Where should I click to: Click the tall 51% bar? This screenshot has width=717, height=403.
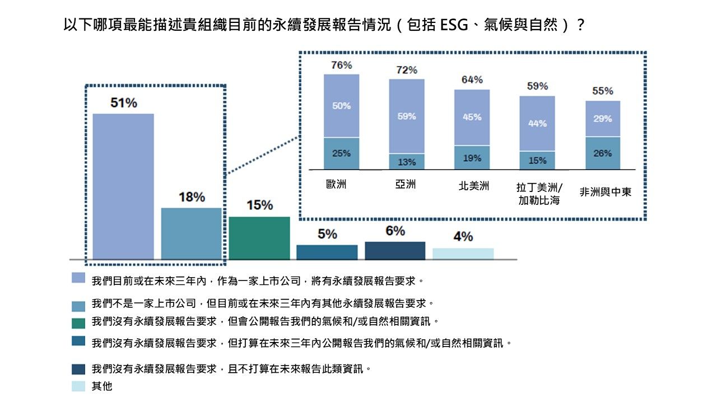tap(123, 186)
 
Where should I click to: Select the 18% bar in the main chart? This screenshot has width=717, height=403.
tap(192, 233)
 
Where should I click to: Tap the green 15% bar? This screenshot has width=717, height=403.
tap(259, 238)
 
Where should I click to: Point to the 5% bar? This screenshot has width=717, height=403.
tap(327, 252)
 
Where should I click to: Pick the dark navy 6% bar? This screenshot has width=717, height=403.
tap(395, 250)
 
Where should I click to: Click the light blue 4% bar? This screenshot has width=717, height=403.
tap(463, 254)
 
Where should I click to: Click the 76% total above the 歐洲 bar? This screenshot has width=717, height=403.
tap(341, 65)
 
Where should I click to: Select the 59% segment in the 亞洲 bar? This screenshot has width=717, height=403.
tap(407, 116)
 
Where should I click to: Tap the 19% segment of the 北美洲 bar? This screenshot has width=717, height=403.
tap(472, 158)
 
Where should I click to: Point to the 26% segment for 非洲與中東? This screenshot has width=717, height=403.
tap(603, 153)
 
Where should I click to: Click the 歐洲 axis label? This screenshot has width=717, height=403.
tap(337, 184)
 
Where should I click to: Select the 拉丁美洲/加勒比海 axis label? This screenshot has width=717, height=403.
tap(539, 194)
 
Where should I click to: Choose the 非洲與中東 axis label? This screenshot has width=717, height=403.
tap(605, 192)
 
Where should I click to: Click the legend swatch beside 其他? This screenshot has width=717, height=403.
tap(78, 386)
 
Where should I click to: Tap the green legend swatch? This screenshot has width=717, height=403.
tap(78, 322)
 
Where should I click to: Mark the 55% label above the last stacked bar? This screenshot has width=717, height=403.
tap(603, 91)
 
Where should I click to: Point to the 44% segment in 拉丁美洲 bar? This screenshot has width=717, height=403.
tap(537, 123)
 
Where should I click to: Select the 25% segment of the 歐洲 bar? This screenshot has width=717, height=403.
tap(341, 153)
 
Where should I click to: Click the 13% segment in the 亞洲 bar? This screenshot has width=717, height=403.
tap(407, 162)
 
